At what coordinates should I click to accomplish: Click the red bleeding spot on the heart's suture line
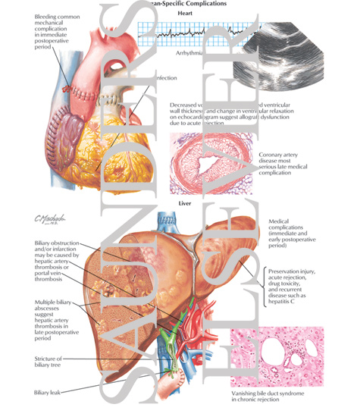click(67, 89)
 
